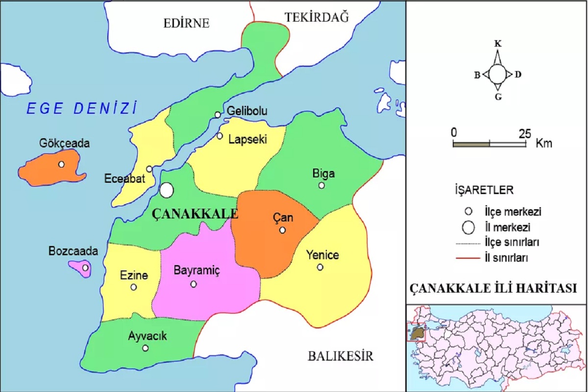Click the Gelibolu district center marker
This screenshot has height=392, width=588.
218,115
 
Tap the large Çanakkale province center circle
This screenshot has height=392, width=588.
167,190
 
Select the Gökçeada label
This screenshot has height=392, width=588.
65,144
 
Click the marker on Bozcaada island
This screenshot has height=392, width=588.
85,268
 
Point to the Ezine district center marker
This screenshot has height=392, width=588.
133,287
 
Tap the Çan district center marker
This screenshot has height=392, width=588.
282,230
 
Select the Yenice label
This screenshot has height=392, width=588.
322,255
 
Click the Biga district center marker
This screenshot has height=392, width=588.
321,185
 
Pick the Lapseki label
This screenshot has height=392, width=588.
247,140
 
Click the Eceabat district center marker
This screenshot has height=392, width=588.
149,169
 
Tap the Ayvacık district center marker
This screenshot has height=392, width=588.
146,348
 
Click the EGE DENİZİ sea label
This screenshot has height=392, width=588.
80,108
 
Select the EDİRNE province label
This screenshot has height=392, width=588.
186,23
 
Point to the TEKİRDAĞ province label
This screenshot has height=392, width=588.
317,18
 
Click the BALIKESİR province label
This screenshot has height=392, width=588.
341,356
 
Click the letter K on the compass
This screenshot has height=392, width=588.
498,44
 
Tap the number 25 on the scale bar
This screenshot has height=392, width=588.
525,133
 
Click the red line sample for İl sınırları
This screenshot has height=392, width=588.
471,256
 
